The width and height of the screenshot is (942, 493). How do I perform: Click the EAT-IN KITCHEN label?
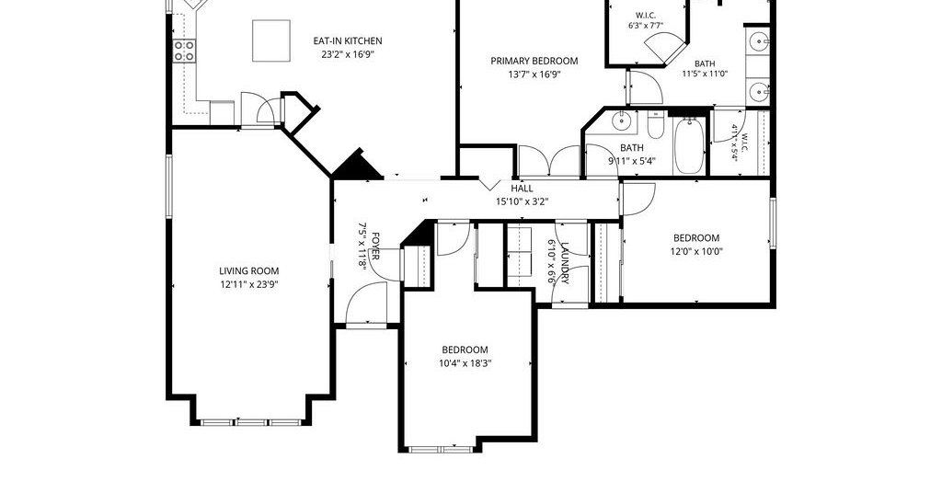click(x=347, y=40)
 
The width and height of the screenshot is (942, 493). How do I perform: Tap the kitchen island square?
click(x=271, y=40)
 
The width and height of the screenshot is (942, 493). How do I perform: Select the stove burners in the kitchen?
click(x=184, y=51)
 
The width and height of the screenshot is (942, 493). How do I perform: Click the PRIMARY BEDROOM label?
click(x=534, y=61)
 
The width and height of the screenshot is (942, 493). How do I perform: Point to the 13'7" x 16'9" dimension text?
click(x=534, y=75)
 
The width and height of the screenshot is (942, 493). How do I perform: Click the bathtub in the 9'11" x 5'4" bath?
click(x=689, y=146)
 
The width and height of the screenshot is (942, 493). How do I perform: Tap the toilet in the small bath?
click(x=655, y=126)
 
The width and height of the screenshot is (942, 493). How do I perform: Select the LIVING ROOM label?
click(x=248, y=270)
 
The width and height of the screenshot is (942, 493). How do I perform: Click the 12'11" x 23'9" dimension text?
click(x=248, y=284)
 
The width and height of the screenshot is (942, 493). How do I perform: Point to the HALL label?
click(x=523, y=188)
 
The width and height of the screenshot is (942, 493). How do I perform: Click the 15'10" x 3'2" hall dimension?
click(x=523, y=201)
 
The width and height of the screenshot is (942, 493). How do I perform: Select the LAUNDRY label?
click(x=564, y=262)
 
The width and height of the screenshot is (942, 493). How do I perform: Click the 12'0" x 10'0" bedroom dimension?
click(x=696, y=252)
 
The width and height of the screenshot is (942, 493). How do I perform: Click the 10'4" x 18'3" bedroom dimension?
click(x=465, y=363)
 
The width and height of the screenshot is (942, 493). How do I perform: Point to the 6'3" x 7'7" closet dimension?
click(x=645, y=26)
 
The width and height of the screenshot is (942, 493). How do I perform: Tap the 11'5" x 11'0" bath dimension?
click(x=705, y=74)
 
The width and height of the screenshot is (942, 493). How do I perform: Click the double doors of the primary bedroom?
click(x=549, y=161)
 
